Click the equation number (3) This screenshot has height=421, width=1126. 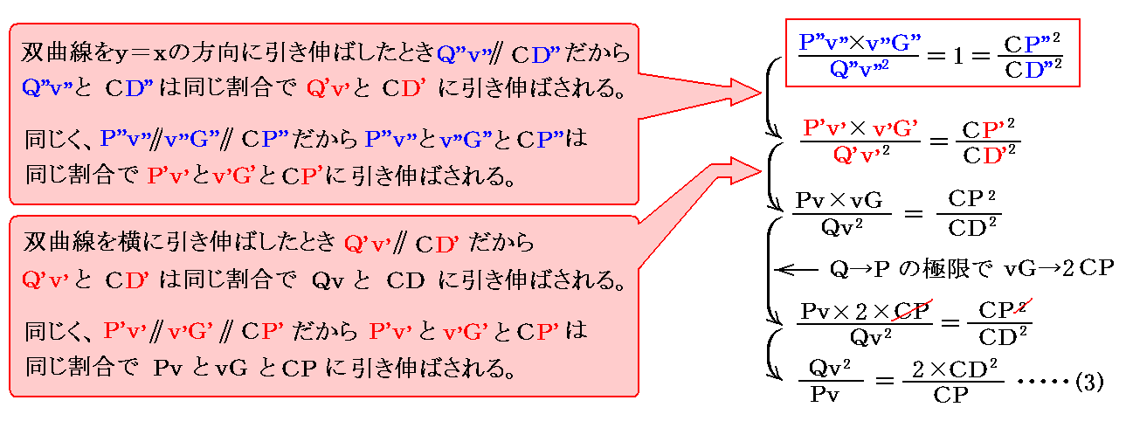coord(1090,382)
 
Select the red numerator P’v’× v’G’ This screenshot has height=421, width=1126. coord(860,128)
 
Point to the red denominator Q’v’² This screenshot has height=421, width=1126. coord(860,156)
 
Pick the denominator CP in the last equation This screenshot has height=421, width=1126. coord(950,395)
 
